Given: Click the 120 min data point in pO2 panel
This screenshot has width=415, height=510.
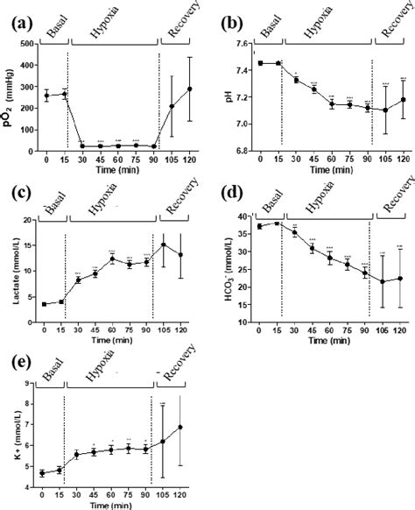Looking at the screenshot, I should tap(188, 89).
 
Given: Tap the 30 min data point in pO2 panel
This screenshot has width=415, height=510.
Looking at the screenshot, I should tap(82, 145).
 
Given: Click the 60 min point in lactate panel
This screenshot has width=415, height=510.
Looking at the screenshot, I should tap(113, 259).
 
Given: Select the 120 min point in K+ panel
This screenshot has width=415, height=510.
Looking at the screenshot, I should tap(180, 427).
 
